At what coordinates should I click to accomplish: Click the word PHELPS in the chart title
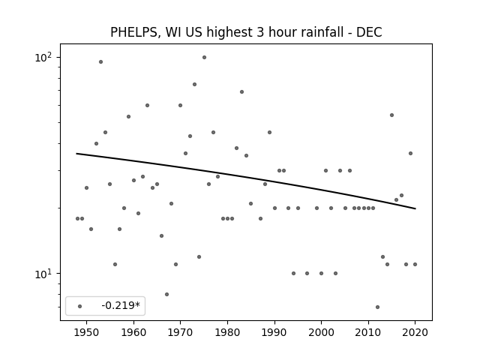pos(133,32)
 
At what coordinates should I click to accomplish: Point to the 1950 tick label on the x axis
pos(86,332)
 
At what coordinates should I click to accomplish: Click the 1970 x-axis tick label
pos(180,332)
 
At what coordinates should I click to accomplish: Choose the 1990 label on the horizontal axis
pos(274,332)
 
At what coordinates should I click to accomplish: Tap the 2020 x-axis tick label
pos(415,332)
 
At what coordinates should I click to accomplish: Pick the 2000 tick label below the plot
pos(321,332)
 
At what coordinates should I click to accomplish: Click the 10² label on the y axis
pos(43,57)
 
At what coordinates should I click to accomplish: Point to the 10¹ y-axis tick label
pos(43,273)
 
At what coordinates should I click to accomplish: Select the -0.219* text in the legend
pos(121,305)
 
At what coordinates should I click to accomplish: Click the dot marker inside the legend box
pos(80,306)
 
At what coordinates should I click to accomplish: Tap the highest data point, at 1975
pos(204,58)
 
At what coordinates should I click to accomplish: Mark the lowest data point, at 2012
pos(377,307)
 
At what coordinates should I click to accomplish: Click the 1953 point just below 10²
pos(100,61)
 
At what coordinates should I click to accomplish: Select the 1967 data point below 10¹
pos(166,294)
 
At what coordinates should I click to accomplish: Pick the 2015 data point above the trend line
pos(391,115)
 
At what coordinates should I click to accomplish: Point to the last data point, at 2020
pos(415,264)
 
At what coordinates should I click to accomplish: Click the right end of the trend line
pos(415,208)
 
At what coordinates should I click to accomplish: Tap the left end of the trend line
pos(76,153)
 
